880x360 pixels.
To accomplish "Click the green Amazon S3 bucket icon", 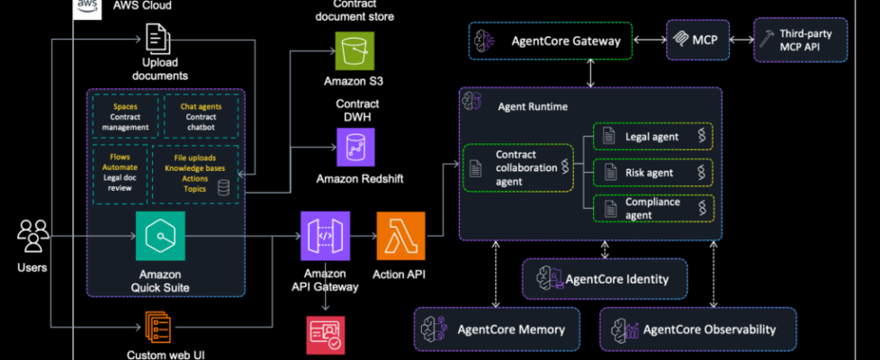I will [353, 50].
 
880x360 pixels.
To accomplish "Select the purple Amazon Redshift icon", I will [355, 147].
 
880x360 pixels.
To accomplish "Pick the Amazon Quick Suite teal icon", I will [160, 236].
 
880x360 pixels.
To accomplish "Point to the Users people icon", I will [31, 237].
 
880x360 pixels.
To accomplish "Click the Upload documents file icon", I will [158, 38].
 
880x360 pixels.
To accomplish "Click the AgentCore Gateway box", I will [550, 40].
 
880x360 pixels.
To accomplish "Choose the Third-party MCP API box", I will [800, 40].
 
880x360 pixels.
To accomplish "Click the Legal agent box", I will [652, 136].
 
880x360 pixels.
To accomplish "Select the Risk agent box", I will [652, 172].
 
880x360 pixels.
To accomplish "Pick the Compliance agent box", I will [652, 208].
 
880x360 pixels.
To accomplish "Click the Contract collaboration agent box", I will [517, 167].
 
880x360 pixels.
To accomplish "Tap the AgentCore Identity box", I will [604, 279].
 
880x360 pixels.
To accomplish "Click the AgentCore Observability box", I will [697, 329].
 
